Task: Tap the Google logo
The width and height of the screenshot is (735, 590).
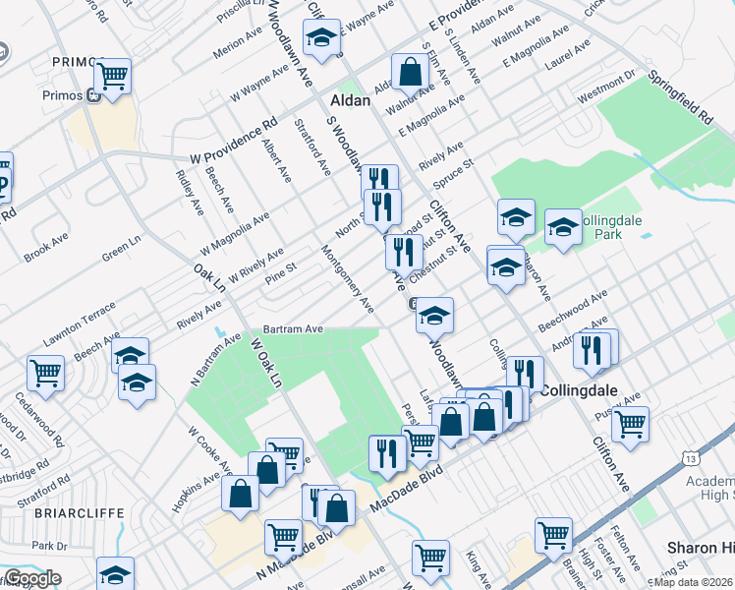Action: pyautogui.click(x=32, y=578)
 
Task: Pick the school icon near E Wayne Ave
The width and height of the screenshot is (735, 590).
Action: pyautogui.click(x=320, y=38)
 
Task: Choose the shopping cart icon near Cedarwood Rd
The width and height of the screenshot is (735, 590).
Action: pyautogui.click(x=45, y=372)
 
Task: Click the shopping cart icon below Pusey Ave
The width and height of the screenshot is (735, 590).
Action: pyautogui.click(x=630, y=424)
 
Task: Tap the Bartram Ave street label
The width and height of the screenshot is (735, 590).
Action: pyautogui.click(x=293, y=329)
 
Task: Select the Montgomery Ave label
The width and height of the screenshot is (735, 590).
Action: pyautogui.click(x=348, y=279)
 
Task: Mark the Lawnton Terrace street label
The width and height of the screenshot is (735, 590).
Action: pyautogui.click(x=79, y=324)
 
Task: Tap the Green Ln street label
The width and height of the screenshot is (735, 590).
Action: pyautogui.click(x=122, y=250)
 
